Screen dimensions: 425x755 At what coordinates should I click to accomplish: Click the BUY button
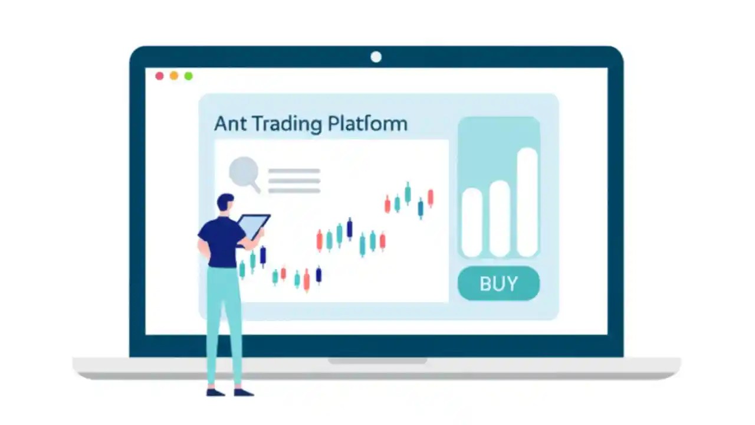(498, 284)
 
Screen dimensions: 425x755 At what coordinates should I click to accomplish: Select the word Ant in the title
(229, 124)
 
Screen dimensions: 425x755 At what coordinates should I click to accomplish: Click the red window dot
(159, 76)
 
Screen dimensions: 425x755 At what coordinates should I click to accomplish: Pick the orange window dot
(174, 76)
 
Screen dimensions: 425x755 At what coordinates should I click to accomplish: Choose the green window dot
(188, 76)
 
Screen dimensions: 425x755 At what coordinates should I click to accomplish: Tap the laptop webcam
(376, 57)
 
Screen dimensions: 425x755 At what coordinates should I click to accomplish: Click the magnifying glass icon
(243, 172)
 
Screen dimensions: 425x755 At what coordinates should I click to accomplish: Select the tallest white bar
(527, 202)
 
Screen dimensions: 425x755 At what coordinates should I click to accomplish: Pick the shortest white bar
(471, 222)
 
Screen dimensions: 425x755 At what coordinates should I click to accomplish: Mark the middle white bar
(500, 218)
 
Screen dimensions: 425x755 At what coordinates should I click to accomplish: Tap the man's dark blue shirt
(221, 242)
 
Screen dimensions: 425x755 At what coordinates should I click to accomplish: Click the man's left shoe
(215, 392)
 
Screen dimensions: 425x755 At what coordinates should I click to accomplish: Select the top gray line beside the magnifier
(294, 171)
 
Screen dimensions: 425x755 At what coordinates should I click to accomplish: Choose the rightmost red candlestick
(431, 198)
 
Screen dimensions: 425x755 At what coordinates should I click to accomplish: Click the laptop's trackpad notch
(377, 360)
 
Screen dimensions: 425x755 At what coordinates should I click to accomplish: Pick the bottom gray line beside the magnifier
(294, 191)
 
